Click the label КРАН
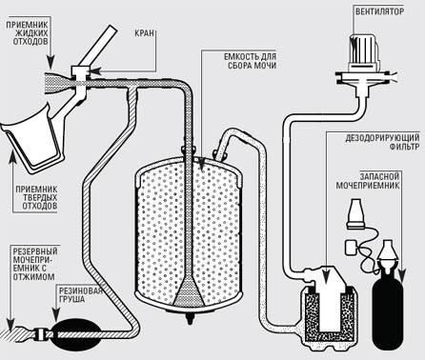(145, 33)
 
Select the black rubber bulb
(73, 334)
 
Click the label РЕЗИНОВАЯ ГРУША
(81, 295)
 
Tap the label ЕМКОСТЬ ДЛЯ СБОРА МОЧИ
(250, 61)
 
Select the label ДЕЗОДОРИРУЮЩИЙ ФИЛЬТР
(382, 142)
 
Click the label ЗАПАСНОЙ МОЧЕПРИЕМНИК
(368, 181)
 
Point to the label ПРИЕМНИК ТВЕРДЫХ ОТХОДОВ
(36, 197)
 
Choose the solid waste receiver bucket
(30, 136)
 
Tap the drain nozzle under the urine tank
(190, 318)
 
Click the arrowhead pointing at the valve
(94, 70)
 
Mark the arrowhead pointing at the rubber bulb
(56, 316)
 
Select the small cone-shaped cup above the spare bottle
(354, 213)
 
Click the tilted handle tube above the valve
(98, 45)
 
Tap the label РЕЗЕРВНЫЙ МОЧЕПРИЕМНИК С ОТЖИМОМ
(35, 264)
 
